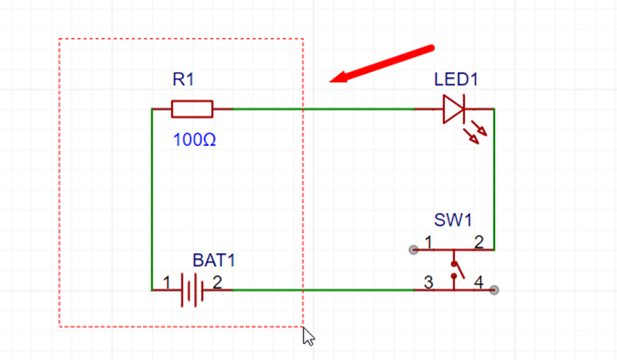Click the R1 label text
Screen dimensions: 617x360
click(x=183, y=79)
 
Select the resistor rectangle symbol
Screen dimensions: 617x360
click(x=192, y=109)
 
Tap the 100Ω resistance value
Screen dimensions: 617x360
click(x=195, y=140)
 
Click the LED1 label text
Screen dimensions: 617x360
click(x=456, y=79)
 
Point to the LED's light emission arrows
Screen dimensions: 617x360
click(x=475, y=133)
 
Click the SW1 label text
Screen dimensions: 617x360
click(x=453, y=220)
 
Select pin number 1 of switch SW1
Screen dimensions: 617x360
click(x=429, y=242)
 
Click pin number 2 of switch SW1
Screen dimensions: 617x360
click(x=479, y=242)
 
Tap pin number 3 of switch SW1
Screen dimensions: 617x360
click(x=429, y=282)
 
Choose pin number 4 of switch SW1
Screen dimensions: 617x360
click(x=479, y=282)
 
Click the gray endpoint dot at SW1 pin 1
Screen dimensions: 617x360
click(x=414, y=250)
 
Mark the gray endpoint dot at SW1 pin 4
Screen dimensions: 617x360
click(x=494, y=290)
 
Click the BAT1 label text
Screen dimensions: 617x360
click(x=214, y=260)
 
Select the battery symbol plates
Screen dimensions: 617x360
click(x=192, y=290)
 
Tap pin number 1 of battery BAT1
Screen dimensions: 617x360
click(x=167, y=283)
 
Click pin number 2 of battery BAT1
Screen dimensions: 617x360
click(x=218, y=282)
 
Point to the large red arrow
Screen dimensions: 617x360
click(x=382, y=65)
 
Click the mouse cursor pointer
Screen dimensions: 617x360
click(x=308, y=336)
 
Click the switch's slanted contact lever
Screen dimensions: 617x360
click(x=459, y=271)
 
